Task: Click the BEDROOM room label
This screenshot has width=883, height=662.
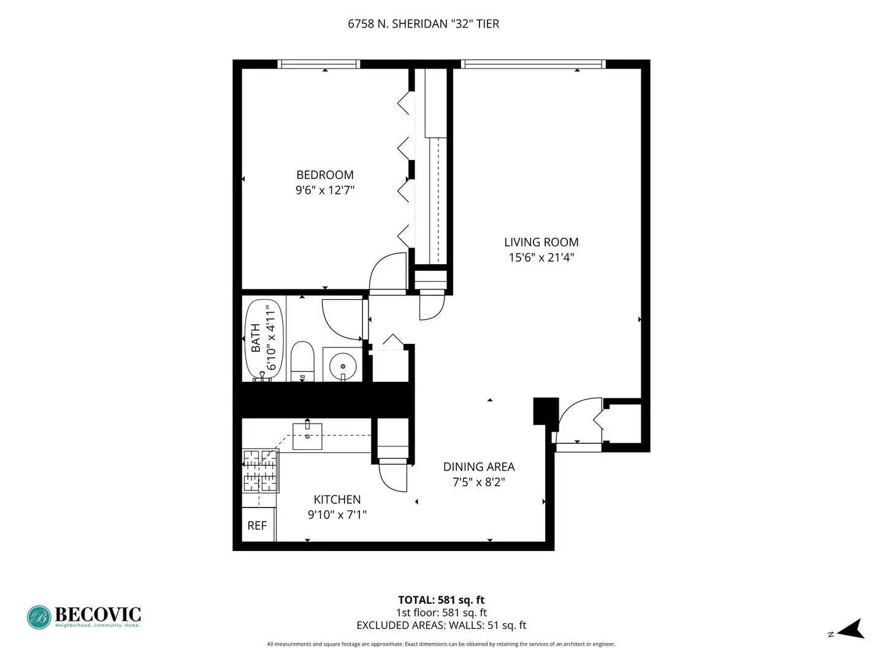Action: (x=324, y=175)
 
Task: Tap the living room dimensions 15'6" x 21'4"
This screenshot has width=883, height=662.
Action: (x=541, y=257)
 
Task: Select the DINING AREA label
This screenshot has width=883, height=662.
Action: (x=478, y=466)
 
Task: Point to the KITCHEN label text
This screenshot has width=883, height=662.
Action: (x=337, y=500)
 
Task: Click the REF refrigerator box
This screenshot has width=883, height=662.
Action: (x=258, y=525)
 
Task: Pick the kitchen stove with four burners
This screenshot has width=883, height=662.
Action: (x=261, y=471)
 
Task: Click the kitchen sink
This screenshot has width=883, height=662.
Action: (x=307, y=436)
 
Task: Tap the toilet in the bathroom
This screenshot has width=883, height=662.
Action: (x=302, y=362)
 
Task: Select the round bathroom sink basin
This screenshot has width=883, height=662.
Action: (x=342, y=367)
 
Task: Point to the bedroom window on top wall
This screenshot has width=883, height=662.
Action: (x=318, y=64)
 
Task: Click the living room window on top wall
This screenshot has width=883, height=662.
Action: (x=532, y=64)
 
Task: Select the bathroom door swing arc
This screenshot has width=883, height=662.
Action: (x=341, y=319)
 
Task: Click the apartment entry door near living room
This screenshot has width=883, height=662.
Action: (x=579, y=420)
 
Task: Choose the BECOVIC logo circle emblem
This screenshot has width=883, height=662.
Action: (x=39, y=617)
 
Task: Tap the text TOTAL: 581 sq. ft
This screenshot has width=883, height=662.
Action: (x=441, y=600)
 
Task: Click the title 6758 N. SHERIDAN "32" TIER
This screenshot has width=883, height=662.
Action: (x=423, y=24)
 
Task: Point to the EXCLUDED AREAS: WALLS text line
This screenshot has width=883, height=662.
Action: (x=441, y=625)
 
